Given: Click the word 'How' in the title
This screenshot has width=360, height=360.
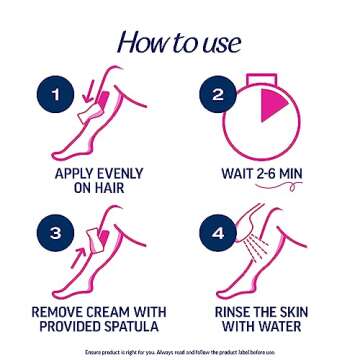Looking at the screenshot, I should [x=141, y=44].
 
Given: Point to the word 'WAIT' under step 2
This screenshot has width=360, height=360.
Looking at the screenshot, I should [x=240, y=172].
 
